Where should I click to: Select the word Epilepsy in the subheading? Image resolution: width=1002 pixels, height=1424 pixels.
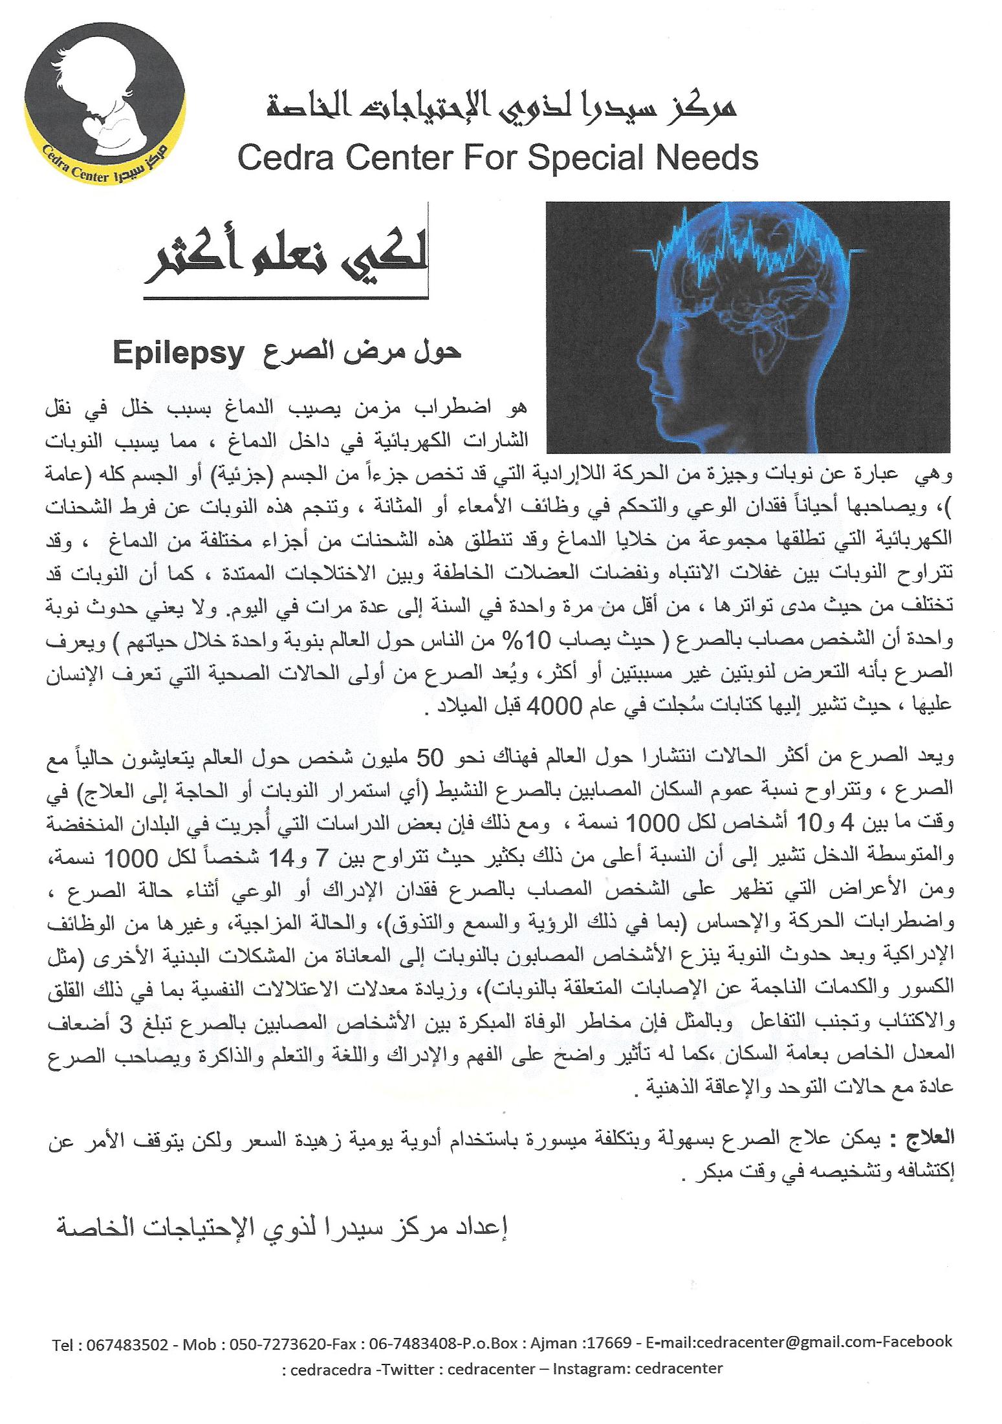[177, 354]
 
